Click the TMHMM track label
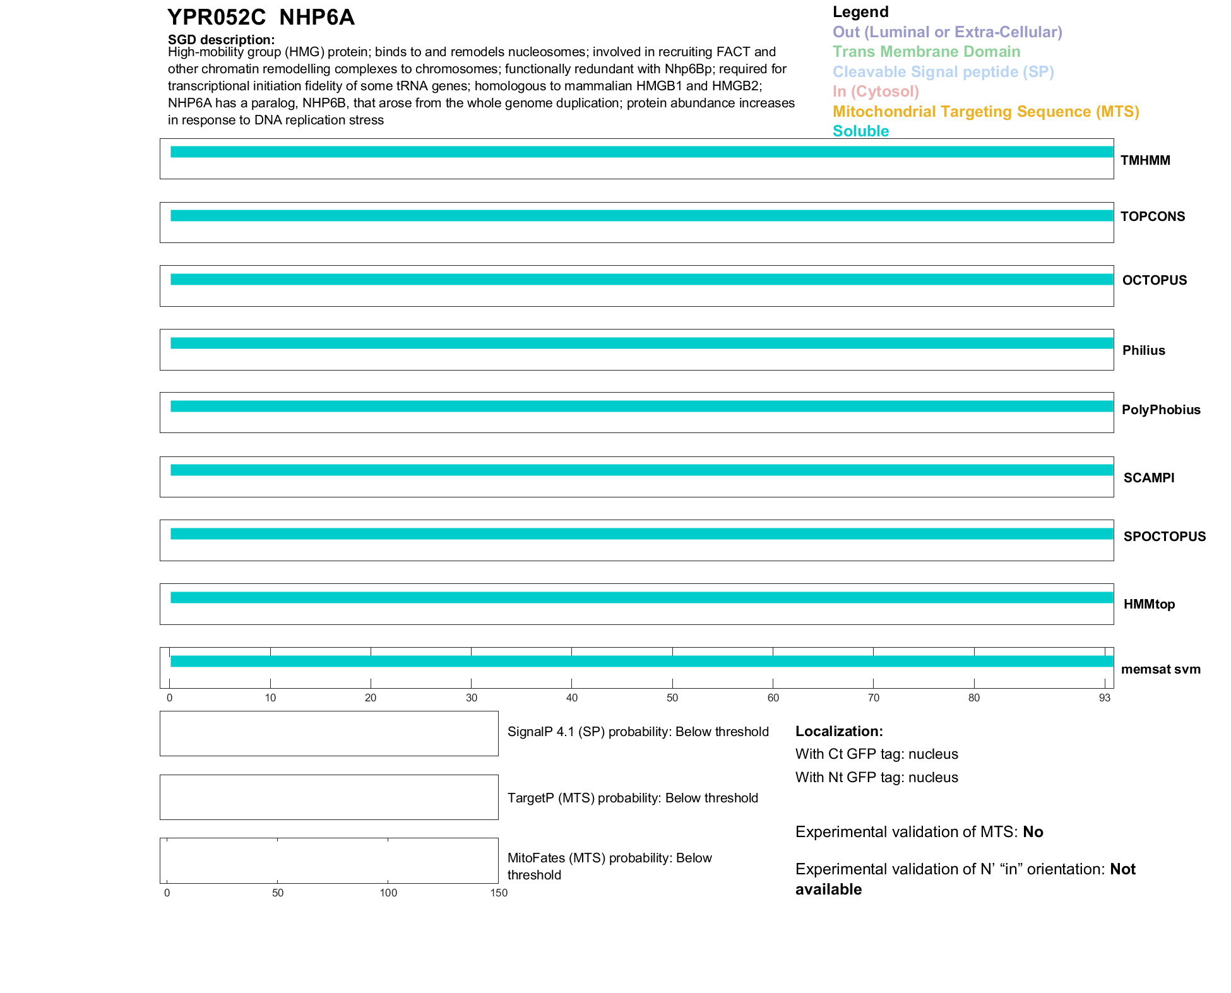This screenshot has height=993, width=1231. pyautogui.click(x=1145, y=160)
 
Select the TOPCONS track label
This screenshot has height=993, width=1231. pyautogui.click(x=1152, y=217)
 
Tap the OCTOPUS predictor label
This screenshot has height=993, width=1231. pyautogui.click(x=1154, y=280)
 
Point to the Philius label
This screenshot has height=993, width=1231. pyautogui.click(x=1143, y=350)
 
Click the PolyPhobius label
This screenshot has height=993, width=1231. pyautogui.click(x=1160, y=410)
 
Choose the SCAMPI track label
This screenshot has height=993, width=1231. pyautogui.click(x=1148, y=478)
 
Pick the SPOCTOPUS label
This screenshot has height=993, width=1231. pyautogui.click(x=1164, y=537)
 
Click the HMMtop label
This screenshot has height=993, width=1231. pyautogui.click(x=1149, y=604)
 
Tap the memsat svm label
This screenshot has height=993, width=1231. pyautogui.click(x=1160, y=669)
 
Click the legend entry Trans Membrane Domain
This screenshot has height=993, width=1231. pyautogui.click(x=926, y=52)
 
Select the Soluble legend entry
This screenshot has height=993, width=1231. pyautogui.click(x=860, y=131)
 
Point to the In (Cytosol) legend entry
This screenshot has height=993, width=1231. pyautogui.click(x=876, y=92)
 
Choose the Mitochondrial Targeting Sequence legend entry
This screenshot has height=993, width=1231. pyautogui.click(x=985, y=112)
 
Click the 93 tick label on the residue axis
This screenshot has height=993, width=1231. pyautogui.click(x=1104, y=698)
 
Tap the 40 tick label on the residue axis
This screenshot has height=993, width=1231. pyautogui.click(x=571, y=698)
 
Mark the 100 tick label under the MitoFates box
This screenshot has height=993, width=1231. pyautogui.click(x=388, y=893)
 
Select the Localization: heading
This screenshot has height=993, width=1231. pyautogui.click(x=839, y=731)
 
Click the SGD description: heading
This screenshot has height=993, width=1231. pyautogui.click(x=221, y=40)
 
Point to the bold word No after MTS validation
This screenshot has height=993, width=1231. pyautogui.click(x=1033, y=832)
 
